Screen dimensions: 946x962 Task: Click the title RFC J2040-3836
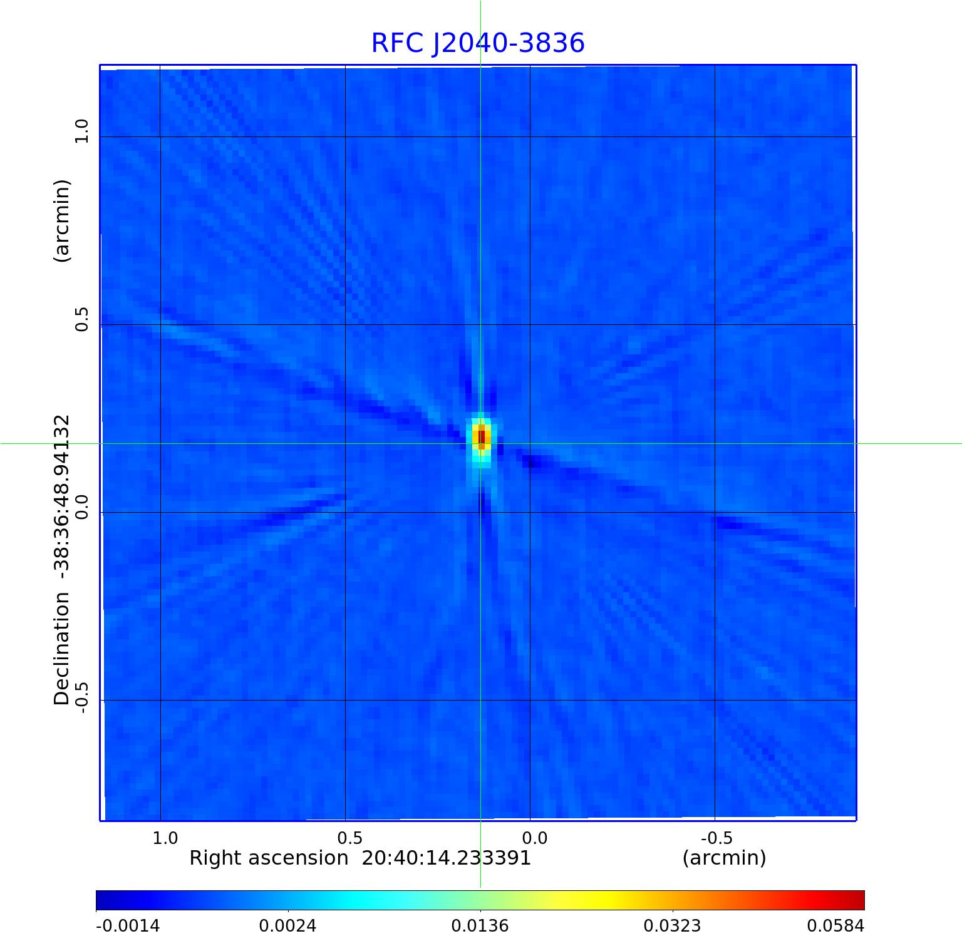(x=478, y=43)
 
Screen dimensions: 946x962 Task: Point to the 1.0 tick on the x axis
(x=165, y=838)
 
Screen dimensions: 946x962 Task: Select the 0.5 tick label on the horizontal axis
(x=349, y=838)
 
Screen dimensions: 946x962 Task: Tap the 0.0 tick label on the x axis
(x=534, y=838)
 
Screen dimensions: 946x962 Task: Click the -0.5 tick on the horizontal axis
(x=716, y=838)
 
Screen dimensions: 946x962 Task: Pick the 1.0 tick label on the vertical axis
(x=81, y=131)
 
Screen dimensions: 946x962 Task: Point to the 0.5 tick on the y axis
(x=81, y=319)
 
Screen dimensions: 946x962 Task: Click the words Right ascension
(x=269, y=858)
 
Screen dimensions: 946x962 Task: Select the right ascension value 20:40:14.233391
(x=447, y=858)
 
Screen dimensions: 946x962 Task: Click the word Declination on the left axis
(x=61, y=648)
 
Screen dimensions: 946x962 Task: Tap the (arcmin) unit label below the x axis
(x=724, y=858)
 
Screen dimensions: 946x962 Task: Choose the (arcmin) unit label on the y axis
(x=61, y=220)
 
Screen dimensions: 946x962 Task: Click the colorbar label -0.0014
(x=128, y=926)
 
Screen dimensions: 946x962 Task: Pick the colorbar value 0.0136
(x=480, y=926)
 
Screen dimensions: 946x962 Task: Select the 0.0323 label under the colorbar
(x=673, y=926)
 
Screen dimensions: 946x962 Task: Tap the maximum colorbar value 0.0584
(x=835, y=926)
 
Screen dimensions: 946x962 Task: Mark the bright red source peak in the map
(x=481, y=436)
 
